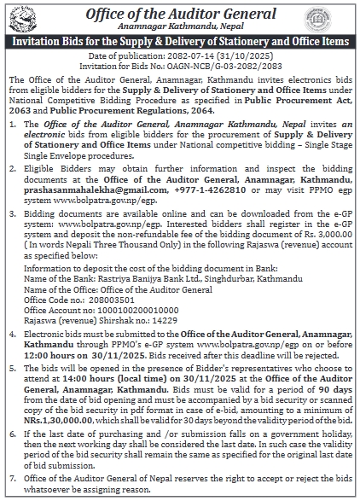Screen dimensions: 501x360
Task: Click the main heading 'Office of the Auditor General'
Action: coord(180,13)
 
